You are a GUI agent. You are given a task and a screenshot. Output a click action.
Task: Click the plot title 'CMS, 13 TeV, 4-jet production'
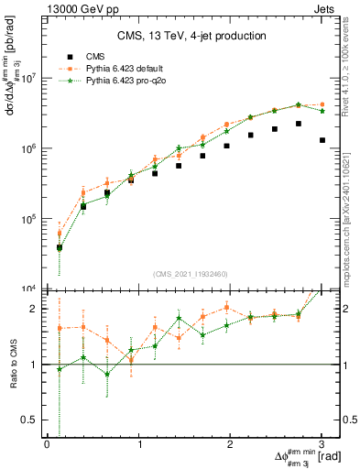pos(192,36)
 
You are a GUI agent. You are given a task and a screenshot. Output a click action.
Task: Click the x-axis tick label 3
pos(322,444)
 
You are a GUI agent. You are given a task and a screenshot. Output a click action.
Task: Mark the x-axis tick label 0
pos(48,444)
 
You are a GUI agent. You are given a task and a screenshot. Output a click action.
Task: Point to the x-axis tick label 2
pos(231,444)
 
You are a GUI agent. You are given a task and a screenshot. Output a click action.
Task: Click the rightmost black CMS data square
pos(322,140)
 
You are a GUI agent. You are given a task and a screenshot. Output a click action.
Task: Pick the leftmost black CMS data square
pos(60,247)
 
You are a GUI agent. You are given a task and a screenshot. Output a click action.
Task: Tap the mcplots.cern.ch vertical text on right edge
pos(353,211)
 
